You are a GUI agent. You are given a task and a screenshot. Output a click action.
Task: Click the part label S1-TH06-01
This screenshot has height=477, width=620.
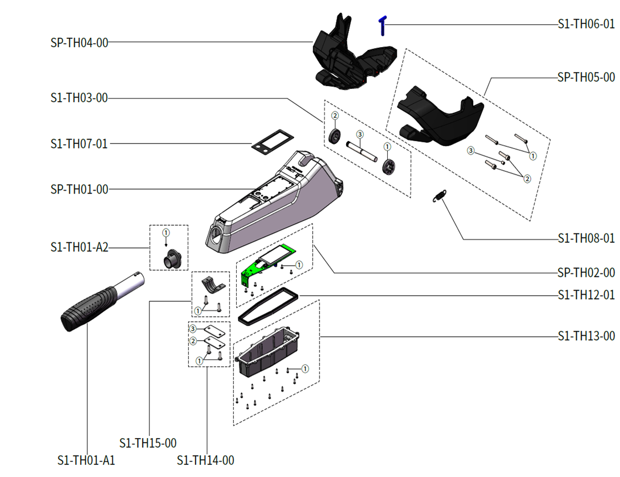click(586, 24)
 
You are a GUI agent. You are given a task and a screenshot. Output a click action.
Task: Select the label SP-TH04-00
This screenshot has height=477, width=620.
click(79, 42)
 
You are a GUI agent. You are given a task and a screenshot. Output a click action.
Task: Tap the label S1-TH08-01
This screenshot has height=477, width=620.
click(586, 238)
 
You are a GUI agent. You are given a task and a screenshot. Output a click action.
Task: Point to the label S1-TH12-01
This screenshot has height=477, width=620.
click(586, 295)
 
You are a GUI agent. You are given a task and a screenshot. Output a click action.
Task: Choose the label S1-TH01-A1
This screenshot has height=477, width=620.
click(86, 460)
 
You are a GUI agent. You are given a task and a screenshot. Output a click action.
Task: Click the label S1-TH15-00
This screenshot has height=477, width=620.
click(148, 443)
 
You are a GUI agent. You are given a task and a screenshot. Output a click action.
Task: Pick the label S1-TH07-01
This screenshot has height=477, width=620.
click(79, 144)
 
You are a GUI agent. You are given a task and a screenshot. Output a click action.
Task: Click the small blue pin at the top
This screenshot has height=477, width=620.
click(383, 25)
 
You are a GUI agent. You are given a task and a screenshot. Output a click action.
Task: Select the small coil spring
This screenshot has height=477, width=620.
click(439, 196)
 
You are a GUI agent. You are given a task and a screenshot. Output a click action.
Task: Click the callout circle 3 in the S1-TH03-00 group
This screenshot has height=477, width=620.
click(359, 135)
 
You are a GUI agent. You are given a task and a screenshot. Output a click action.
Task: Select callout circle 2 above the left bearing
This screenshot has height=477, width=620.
click(335, 116)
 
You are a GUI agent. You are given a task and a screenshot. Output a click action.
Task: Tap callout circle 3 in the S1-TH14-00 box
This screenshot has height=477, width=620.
click(193, 329)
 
